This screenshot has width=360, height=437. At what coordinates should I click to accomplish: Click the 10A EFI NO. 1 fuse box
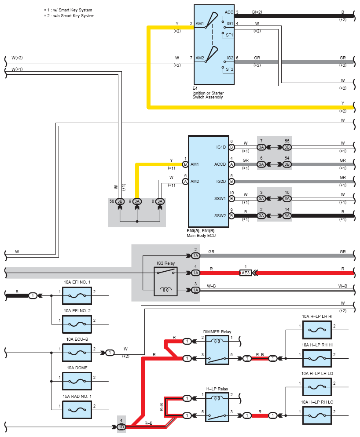click(77, 296)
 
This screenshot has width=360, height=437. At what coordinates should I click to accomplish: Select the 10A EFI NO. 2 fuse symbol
click(77, 324)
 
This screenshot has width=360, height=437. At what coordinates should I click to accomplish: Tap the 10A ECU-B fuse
click(77, 353)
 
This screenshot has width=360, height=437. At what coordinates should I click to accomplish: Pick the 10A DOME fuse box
click(77, 381)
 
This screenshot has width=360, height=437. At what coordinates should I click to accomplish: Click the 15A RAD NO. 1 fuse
click(77, 410)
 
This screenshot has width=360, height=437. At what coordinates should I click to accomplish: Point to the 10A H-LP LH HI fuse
click(317, 330)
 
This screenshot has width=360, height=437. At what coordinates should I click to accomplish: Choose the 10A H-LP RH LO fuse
click(317, 415)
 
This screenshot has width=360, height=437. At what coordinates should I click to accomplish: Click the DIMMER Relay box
click(217, 350)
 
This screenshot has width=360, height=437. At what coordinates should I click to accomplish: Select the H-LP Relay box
click(217, 407)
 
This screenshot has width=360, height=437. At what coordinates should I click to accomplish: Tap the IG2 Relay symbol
click(166, 281)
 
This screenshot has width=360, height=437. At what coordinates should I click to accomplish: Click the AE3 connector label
click(246, 273)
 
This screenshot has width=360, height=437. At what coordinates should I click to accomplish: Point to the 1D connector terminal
click(121, 427)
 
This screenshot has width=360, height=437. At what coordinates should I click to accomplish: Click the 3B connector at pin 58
click(120, 201)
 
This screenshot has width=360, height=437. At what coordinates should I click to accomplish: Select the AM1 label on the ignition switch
click(200, 24)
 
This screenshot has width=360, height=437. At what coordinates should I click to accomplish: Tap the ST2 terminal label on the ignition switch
click(229, 69)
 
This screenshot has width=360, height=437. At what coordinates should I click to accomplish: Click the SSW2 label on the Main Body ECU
click(220, 216)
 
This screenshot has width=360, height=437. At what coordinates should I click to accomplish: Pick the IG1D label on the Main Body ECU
click(221, 147)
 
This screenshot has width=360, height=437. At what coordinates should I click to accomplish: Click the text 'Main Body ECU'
click(201, 236)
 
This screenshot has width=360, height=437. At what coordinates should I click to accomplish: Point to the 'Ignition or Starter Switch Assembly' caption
click(208, 95)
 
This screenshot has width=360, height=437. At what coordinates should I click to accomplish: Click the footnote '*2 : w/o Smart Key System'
click(69, 16)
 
